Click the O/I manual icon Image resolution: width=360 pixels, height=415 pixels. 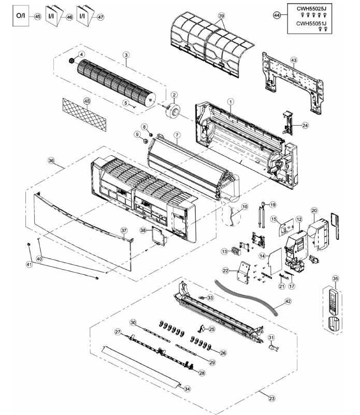pos(20,16)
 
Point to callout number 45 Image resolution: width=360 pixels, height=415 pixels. pos(37,17)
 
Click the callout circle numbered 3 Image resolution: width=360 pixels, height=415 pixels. pos(126,55)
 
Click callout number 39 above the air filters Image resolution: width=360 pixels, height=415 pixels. pos(222,17)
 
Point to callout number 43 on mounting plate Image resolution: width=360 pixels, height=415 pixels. pos(294,61)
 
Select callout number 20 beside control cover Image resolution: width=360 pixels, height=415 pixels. pos(314,210)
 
